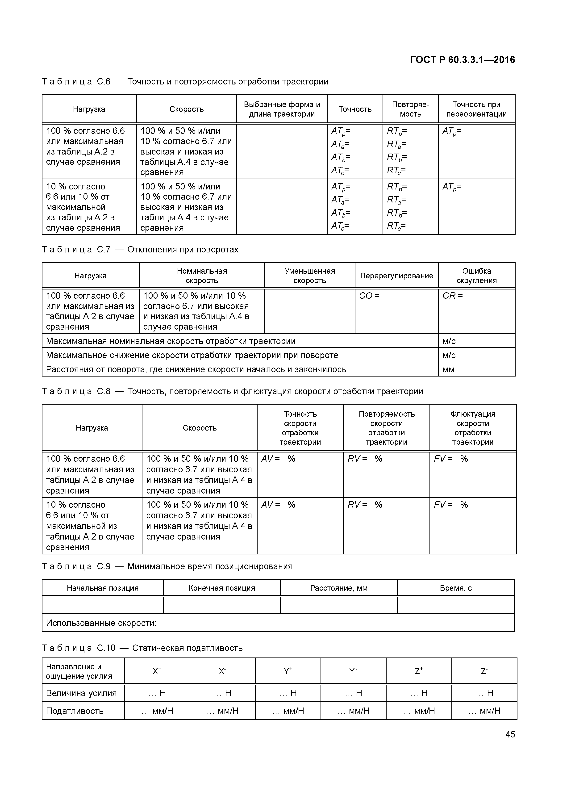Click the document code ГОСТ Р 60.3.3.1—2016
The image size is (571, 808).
[462, 60]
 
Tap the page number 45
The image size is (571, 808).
[510, 734]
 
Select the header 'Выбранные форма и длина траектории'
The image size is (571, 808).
[282, 109]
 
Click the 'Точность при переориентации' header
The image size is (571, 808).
[476, 109]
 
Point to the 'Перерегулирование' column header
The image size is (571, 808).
[396, 276]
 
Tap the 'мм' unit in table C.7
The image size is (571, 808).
[449, 369]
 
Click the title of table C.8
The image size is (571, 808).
[232, 391]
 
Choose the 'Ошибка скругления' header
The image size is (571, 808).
[476, 276]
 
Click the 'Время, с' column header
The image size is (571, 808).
[456, 588]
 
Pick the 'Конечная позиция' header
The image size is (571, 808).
[222, 588]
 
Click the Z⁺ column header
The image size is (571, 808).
[419, 671]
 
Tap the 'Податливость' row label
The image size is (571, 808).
[75, 711]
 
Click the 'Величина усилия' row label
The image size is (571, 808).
[81, 693]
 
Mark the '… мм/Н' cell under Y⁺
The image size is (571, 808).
[288, 711]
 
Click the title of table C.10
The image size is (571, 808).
[142, 648]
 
